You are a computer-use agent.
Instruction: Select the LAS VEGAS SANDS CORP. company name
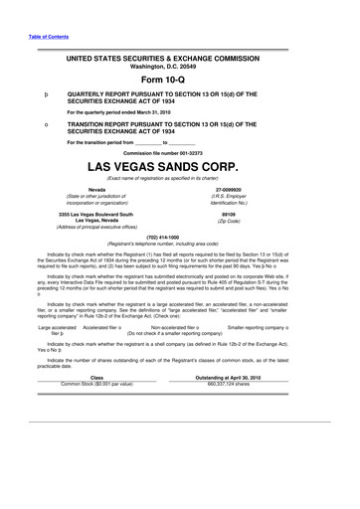[180, 165]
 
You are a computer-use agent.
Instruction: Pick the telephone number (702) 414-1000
[180, 237]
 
